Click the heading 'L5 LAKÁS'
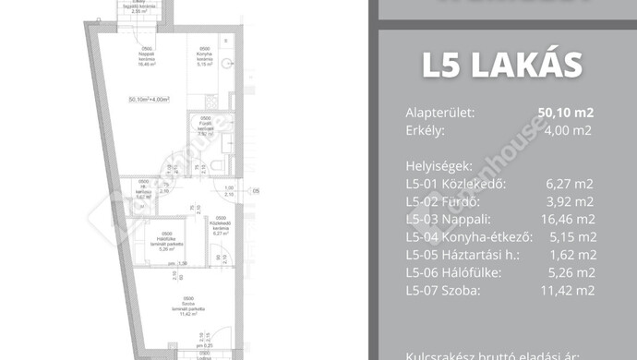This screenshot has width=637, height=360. (x=502, y=66)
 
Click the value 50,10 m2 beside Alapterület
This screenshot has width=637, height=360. (x=565, y=114)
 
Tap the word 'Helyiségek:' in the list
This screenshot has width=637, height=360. (x=439, y=167)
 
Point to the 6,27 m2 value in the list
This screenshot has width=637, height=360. (x=571, y=184)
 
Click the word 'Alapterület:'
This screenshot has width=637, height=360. (x=440, y=114)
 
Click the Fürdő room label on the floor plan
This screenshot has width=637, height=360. (x=204, y=126)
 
